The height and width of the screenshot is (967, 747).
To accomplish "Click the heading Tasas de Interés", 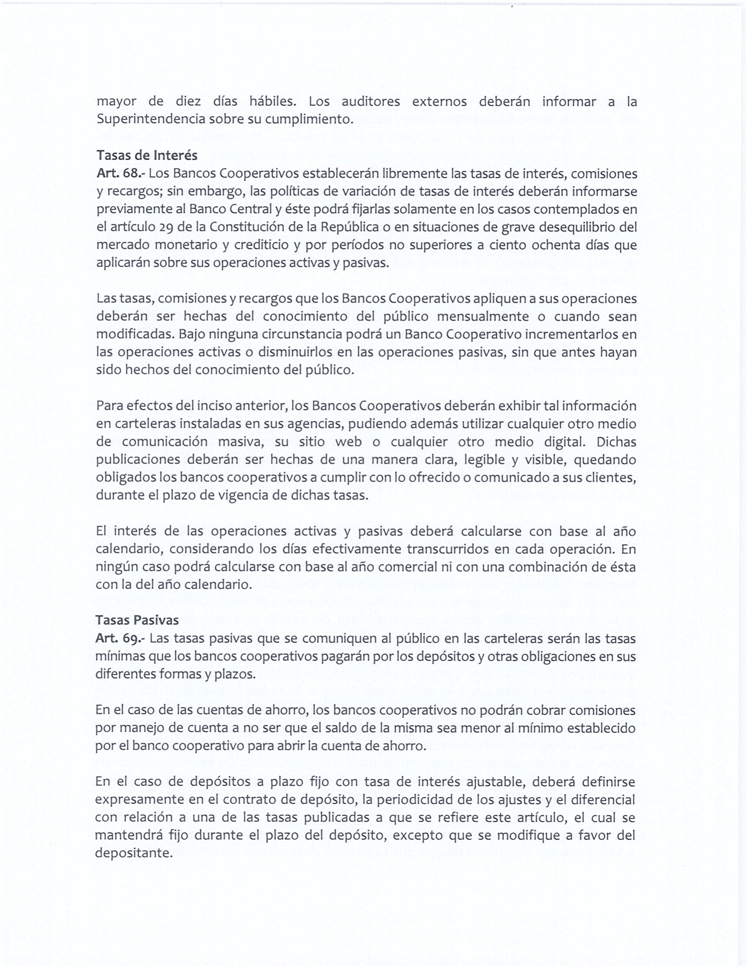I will point(147,156).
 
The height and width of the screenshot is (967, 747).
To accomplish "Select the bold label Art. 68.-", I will point(120,174).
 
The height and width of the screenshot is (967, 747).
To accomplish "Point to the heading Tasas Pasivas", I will point(137,620).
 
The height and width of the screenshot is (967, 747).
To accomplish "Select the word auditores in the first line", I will point(370,102).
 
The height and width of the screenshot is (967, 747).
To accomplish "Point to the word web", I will point(349,442).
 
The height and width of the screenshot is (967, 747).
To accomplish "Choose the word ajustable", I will point(496,782).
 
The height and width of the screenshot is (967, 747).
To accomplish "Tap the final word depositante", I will point(133,853).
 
